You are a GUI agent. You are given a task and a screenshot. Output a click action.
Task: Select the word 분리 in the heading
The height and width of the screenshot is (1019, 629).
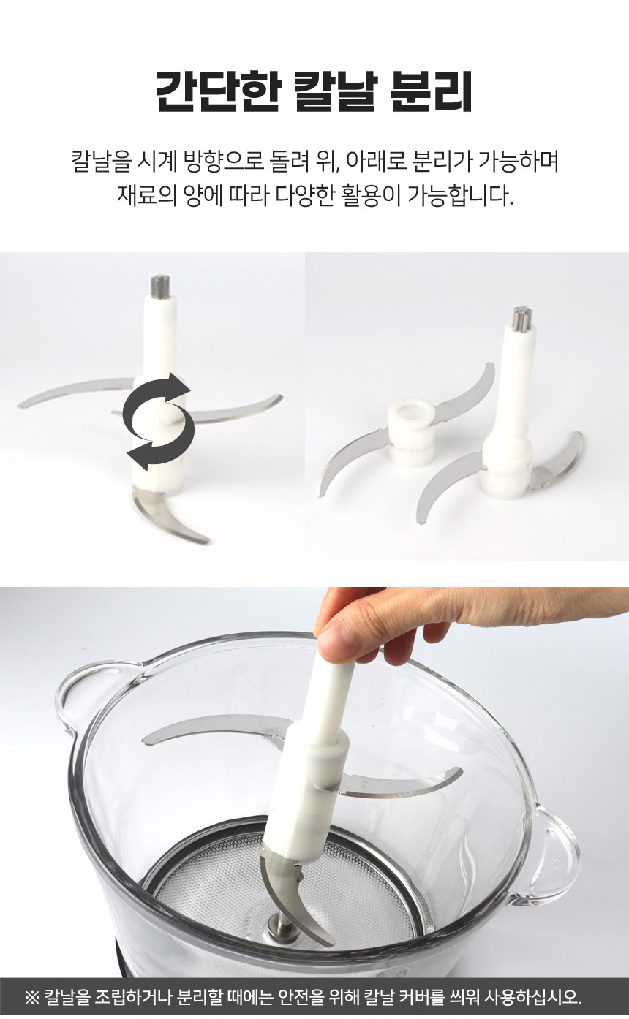(x=431, y=91)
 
